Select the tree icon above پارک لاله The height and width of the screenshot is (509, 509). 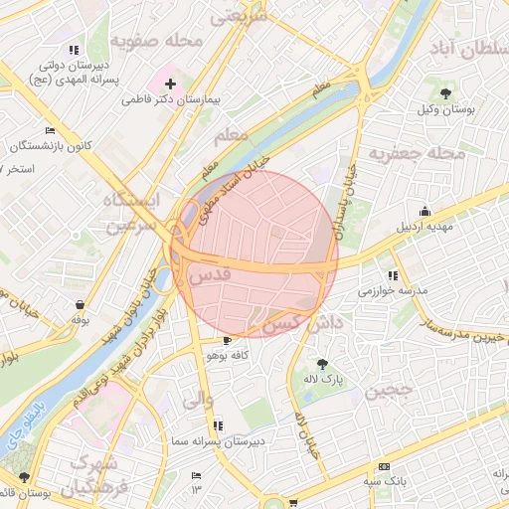(x=321, y=363)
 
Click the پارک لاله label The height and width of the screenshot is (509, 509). (x=321, y=380)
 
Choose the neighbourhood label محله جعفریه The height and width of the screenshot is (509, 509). (x=418, y=154)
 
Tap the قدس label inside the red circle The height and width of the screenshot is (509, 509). (x=208, y=271)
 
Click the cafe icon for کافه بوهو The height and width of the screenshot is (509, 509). (x=228, y=340)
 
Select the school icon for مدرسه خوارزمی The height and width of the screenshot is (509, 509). (x=393, y=274)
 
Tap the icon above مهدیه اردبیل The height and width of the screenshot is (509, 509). (x=425, y=211)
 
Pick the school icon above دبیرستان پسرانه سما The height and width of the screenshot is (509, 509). (x=218, y=425)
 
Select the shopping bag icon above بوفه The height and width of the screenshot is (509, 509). (x=80, y=304)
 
